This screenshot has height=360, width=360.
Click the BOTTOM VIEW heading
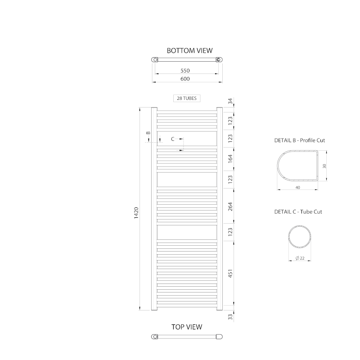point(189,50)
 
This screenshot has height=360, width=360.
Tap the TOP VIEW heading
point(187,327)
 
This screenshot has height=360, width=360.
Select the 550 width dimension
point(185,71)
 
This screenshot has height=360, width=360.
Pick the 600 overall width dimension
point(185,79)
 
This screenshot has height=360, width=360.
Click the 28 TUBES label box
point(187,98)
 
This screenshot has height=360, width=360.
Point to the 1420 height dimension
point(136,213)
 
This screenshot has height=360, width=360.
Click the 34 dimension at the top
point(230,101)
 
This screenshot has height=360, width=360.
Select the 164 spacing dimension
point(230,159)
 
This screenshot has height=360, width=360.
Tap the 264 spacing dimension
point(230,207)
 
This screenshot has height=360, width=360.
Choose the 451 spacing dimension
point(230,274)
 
